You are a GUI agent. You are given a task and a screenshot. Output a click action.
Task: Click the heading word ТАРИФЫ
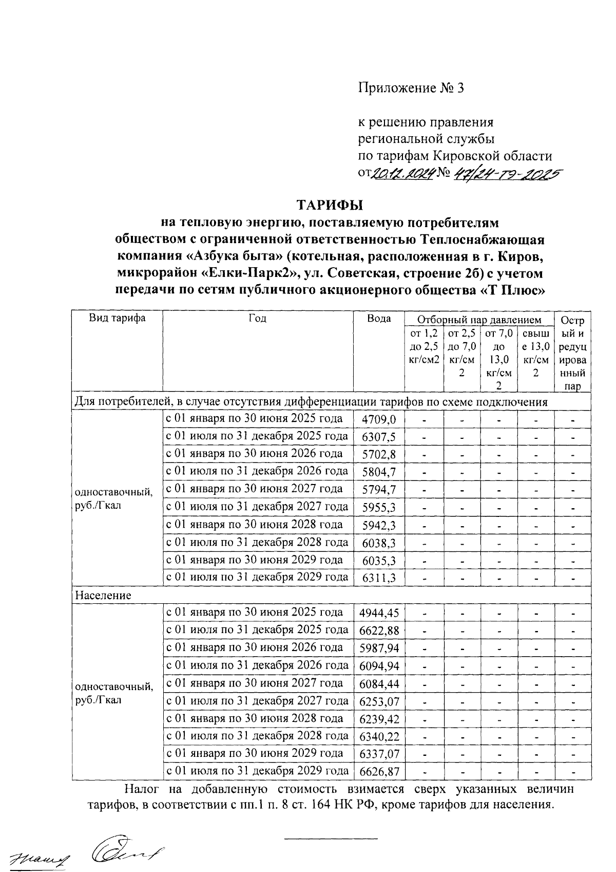click(330, 205)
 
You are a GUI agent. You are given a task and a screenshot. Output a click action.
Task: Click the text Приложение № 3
click(411, 88)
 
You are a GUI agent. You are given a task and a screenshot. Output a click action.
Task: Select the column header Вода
click(379, 319)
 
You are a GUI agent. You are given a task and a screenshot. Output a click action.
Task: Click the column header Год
click(258, 319)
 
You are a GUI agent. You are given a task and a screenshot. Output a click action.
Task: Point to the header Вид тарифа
click(117, 318)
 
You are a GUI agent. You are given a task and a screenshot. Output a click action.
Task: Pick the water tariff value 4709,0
click(379, 420)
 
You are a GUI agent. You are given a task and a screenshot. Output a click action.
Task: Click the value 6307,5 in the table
click(379, 437)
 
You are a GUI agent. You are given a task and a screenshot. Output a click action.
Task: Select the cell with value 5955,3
click(379, 508)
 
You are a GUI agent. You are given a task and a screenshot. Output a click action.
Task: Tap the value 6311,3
click(379, 578)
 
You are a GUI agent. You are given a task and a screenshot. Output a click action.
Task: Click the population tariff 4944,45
click(379, 613)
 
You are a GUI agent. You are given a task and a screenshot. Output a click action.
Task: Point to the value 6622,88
click(379, 630)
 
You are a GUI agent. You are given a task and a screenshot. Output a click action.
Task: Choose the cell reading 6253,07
click(379, 701)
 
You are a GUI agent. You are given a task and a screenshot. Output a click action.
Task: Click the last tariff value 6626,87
click(379, 771)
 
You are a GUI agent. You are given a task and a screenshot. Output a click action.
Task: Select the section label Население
click(103, 596)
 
